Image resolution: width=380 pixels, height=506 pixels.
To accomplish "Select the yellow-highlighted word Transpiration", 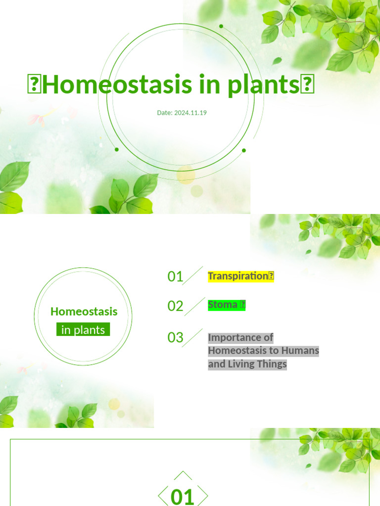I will pyautogui.click(x=237, y=276).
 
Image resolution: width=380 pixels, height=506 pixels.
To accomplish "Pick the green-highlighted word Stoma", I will pyautogui.click(x=223, y=305).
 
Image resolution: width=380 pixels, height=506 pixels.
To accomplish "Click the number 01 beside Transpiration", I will pyautogui.click(x=175, y=276).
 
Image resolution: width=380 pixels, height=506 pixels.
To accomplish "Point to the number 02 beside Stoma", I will pyautogui.click(x=175, y=306).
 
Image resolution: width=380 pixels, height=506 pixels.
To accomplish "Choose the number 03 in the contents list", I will pyautogui.click(x=175, y=337).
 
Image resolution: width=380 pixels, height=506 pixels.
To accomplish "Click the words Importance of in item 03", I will pyautogui.click(x=240, y=337).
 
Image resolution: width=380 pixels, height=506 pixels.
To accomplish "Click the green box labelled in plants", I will pyautogui.click(x=83, y=330).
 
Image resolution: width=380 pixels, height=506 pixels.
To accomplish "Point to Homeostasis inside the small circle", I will pyautogui.click(x=84, y=311).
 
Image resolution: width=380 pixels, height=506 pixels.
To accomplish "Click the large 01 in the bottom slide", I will pyautogui.click(x=183, y=497).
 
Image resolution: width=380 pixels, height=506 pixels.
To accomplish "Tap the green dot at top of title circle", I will pyautogui.click(x=221, y=26).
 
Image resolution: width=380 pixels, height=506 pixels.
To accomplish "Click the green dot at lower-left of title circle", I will pyautogui.click(x=117, y=149).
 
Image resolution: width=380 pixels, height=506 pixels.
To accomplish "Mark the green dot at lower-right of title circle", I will pyautogui.click(x=244, y=150).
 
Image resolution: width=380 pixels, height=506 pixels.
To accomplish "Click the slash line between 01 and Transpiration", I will pyautogui.click(x=193, y=276).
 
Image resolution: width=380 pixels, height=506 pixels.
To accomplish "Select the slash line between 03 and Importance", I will pyautogui.click(x=192, y=337).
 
